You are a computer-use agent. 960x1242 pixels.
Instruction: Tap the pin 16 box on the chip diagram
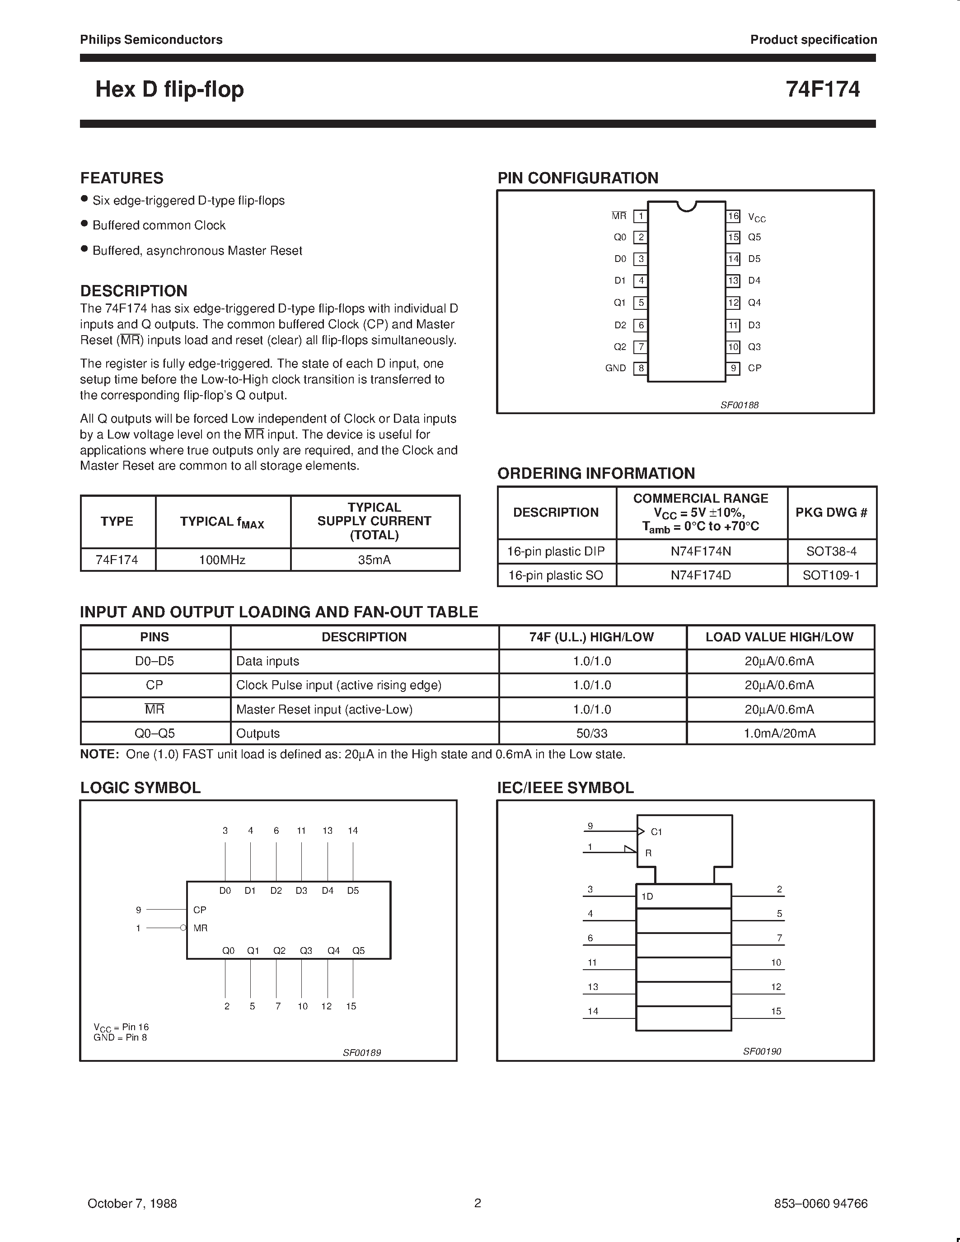click(x=733, y=216)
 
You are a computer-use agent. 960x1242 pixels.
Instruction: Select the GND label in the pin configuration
click(x=615, y=368)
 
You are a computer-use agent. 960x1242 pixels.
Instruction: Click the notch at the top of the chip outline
click(x=687, y=206)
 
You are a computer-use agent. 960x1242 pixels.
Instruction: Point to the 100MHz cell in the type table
click(x=222, y=560)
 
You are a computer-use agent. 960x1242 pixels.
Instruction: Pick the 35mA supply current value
click(x=374, y=560)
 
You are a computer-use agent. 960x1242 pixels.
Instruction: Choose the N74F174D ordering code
click(x=701, y=575)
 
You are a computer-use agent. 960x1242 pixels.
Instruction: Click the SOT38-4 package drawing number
click(x=831, y=551)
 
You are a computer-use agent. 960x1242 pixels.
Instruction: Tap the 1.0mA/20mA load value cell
click(x=779, y=733)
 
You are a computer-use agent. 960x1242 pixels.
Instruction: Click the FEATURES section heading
click(x=122, y=178)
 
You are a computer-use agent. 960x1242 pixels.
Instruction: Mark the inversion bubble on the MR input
click(x=183, y=928)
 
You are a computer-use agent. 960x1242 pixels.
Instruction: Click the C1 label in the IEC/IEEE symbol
click(x=656, y=832)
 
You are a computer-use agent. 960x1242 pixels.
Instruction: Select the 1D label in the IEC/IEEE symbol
click(x=647, y=897)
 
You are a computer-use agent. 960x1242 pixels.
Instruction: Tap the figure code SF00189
click(x=362, y=1053)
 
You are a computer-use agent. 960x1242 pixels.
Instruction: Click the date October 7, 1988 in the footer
click(x=132, y=1203)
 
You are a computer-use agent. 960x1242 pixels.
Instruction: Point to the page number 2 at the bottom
click(x=478, y=1203)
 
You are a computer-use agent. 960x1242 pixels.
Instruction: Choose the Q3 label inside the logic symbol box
click(x=306, y=950)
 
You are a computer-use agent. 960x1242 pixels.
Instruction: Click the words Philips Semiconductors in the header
click(x=151, y=40)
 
